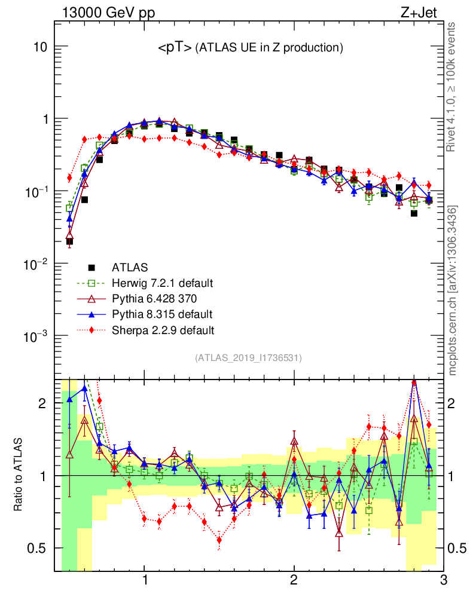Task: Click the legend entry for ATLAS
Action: (126, 267)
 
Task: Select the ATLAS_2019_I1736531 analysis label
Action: (248, 358)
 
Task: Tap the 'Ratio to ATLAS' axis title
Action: (19, 475)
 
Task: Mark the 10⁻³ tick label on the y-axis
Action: (36, 336)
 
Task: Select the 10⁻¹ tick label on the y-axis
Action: (36, 191)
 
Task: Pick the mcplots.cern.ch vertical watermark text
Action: (453, 290)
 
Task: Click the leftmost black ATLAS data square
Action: (69, 242)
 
